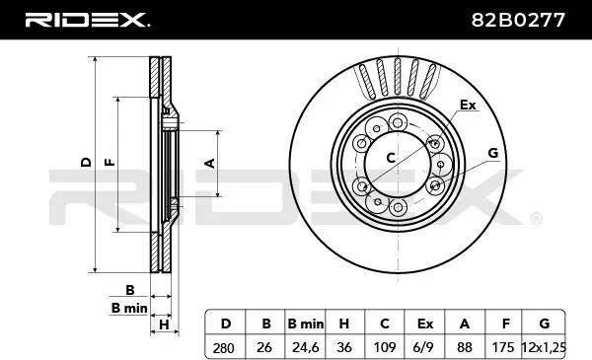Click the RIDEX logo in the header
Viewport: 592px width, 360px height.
pos(88,20)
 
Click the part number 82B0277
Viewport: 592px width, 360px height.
pos(518,20)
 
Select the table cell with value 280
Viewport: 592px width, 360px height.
pos(225,346)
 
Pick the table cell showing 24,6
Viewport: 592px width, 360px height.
pos(305,346)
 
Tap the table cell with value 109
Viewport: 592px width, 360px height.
pos(385,346)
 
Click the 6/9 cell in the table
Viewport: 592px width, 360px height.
pos(424,346)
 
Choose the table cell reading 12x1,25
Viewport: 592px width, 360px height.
pos(544,346)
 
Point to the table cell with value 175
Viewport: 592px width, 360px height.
pos(503,346)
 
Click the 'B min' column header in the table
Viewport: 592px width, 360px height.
pos(305,324)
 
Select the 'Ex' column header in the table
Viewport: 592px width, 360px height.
pos(424,324)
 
